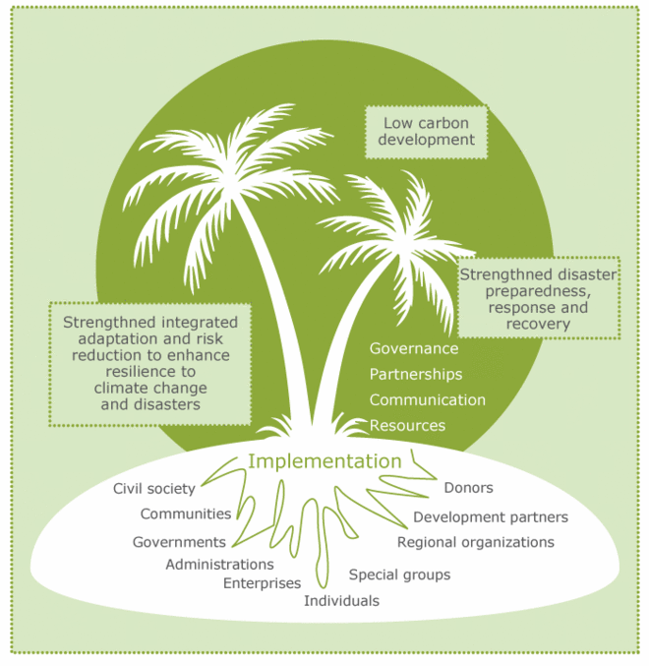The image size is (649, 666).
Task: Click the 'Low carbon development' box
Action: coord(428,131)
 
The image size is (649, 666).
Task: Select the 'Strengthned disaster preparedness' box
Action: coord(538,298)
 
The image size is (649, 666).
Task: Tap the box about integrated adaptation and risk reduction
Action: coord(150,363)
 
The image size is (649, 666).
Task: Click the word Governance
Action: coord(414,348)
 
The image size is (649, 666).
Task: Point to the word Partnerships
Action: coord(416,374)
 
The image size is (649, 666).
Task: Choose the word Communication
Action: coord(428,399)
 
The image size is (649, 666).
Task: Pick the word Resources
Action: coord(407,425)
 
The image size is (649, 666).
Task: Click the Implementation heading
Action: coord(324,461)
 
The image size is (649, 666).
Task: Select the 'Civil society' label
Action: coord(154,488)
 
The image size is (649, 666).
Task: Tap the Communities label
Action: coord(186,514)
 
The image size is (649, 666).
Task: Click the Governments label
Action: coord(179,541)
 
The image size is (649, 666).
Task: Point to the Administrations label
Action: coord(219,564)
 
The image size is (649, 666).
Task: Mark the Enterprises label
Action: coord(262,582)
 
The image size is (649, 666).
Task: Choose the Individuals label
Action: coord(341,600)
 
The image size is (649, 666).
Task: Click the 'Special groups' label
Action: coord(400,575)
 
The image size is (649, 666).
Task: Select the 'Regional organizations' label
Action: coord(476,542)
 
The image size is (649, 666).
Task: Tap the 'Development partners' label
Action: coord(491,516)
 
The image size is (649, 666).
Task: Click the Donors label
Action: coord(468,487)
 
